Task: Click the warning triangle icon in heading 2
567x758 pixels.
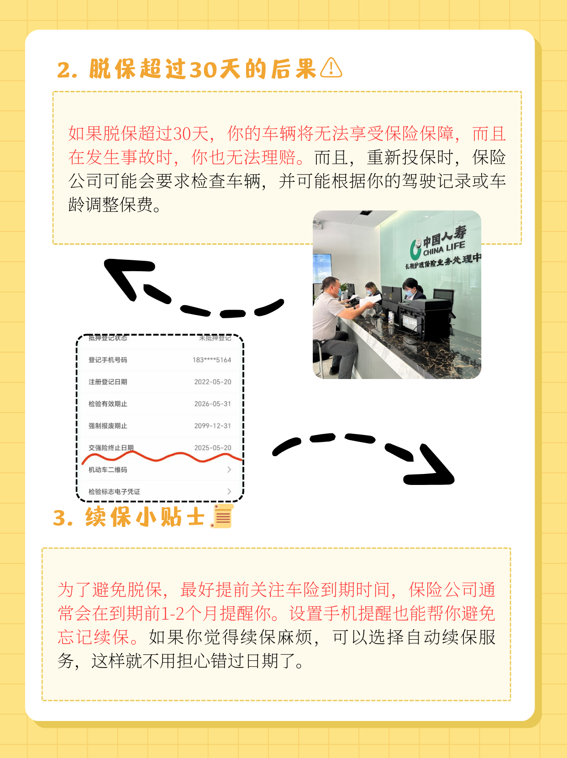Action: pos(331,68)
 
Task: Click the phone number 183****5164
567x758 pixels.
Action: pos(211,360)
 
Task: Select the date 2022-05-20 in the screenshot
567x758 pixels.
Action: pos(212,382)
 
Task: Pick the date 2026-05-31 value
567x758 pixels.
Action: pos(212,404)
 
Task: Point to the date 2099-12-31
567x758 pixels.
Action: pos(212,426)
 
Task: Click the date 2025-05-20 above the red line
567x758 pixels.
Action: pos(212,447)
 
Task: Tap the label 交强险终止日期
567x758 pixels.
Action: pos(111,447)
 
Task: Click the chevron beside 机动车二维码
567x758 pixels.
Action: pos(229,469)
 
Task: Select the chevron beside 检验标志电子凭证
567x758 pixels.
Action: pos(229,491)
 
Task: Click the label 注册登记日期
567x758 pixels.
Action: pos(108,382)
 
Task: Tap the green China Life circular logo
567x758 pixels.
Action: pos(415,249)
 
